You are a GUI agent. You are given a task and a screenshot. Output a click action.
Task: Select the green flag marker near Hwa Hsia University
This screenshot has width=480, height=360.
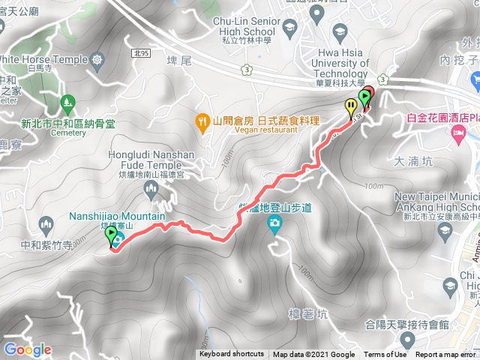pos(365,98)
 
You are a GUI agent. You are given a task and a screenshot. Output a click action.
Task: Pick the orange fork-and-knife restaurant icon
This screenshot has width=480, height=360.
pos(202,120)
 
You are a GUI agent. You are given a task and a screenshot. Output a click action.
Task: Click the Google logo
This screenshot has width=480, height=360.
pos(27,349)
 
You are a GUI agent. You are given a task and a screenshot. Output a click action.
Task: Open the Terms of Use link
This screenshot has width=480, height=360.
pos(385,355)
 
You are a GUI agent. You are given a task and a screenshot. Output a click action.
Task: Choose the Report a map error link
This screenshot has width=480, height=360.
pos(445,355)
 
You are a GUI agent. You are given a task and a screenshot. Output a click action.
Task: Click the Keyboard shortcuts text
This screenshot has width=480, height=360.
pos(232,355)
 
